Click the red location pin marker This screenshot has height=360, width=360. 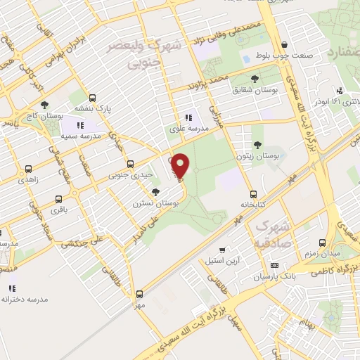tap(180, 166)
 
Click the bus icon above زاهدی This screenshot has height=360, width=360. tap(29, 169)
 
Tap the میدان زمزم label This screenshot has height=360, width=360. tap(320, 252)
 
